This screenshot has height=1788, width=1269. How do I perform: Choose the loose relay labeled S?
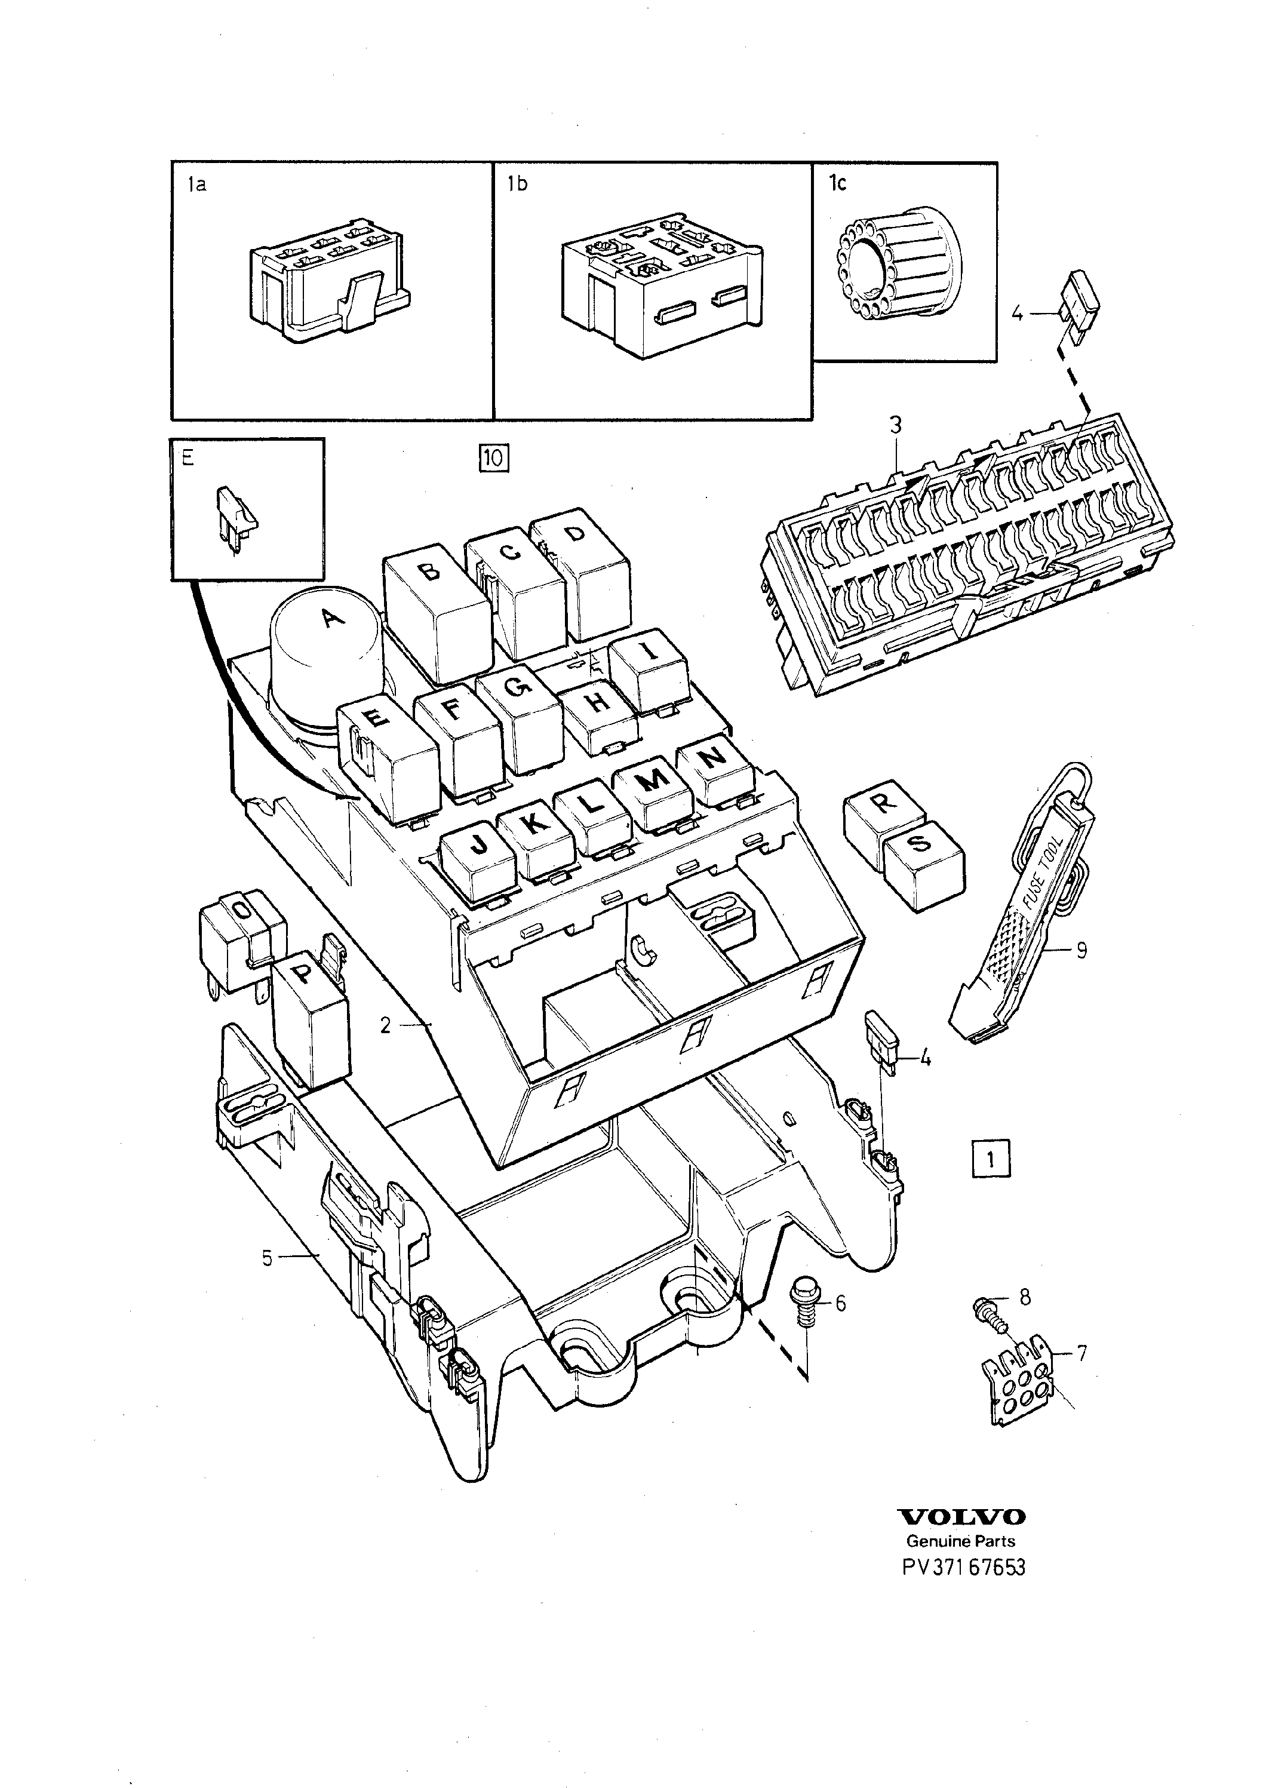[x=924, y=866]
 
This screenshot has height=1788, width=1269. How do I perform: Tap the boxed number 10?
[x=494, y=458]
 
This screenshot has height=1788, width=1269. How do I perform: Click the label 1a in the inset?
[x=197, y=185]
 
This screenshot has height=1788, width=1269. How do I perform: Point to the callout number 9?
[x=1081, y=951]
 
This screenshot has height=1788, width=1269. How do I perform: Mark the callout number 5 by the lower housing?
[x=268, y=1259]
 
